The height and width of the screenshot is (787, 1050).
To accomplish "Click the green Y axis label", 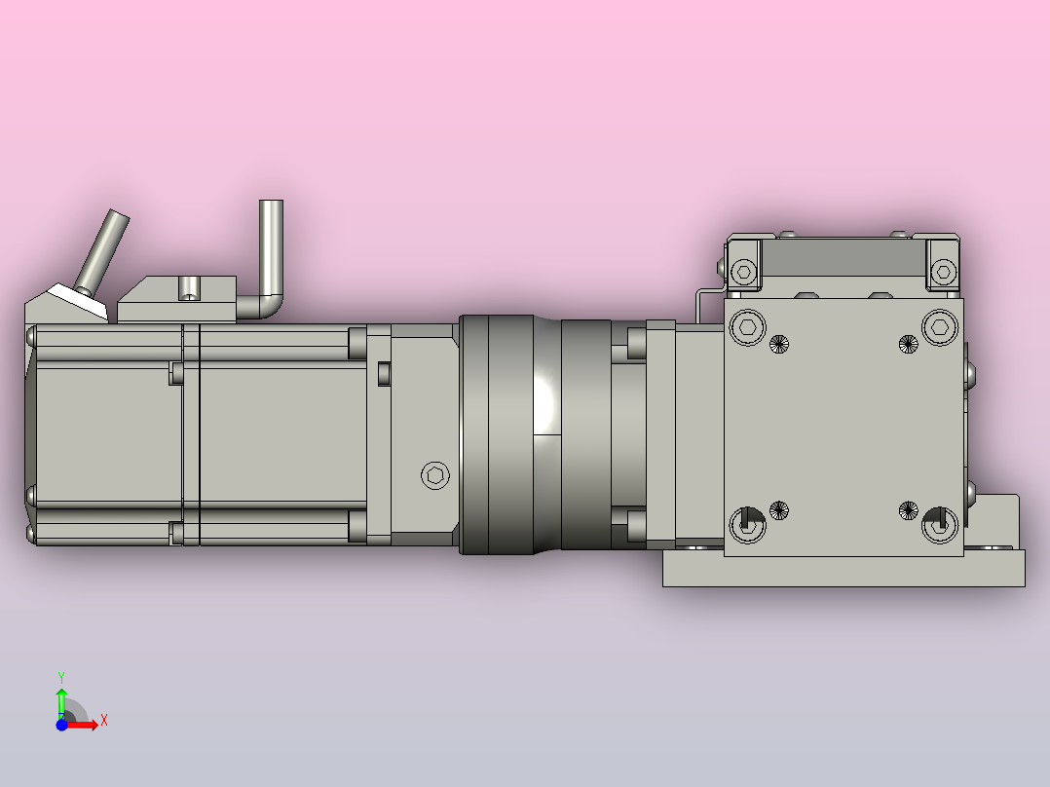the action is point(61,677).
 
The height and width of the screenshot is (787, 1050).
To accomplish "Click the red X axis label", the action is point(104,721).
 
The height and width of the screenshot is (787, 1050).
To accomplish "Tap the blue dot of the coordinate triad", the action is point(61,725).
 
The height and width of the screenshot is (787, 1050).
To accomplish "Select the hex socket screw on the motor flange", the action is point(435,475).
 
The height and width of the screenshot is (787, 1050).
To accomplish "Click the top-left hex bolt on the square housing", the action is point(748,327).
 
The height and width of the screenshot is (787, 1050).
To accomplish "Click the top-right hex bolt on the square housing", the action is point(940,327).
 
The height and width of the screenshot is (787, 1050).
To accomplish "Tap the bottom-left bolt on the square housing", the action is point(747,524).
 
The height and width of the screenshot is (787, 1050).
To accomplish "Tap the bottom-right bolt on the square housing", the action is point(940,524).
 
